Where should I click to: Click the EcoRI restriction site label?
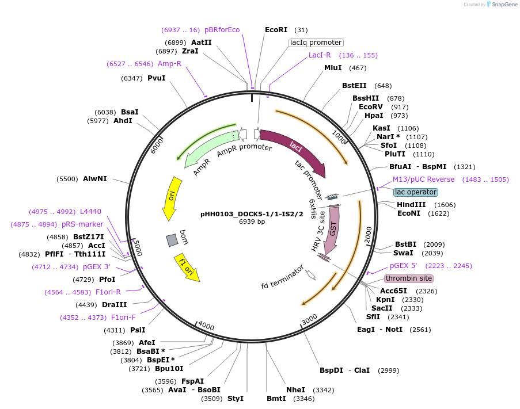pyautogui.click(x=276, y=30)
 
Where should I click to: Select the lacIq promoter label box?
pyautogui.click(x=316, y=43)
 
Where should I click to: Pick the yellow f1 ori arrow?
pyautogui.click(x=187, y=267)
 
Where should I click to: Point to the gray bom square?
pyautogui.click(x=172, y=240)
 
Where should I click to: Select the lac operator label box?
pyautogui.click(x=416, y=192)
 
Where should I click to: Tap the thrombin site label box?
pyautogui.click(x=408, y=278)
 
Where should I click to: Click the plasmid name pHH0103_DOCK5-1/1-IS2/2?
pyautogui.click(x=252, y=214)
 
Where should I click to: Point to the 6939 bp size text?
pyautogui.click(x=252, y=222)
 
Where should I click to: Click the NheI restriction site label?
pyautogui.click(x=295, y=390)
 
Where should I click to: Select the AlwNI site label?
pyautogui.click(x=95, y=179)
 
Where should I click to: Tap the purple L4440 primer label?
pyautogui.click(x=90, y=211)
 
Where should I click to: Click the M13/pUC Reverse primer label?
pyautogui.click(x=423, y=179)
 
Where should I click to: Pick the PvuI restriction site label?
pyautogui.click(x=156, y=78)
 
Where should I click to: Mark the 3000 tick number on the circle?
pyautogui.click(x=309, y=318)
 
